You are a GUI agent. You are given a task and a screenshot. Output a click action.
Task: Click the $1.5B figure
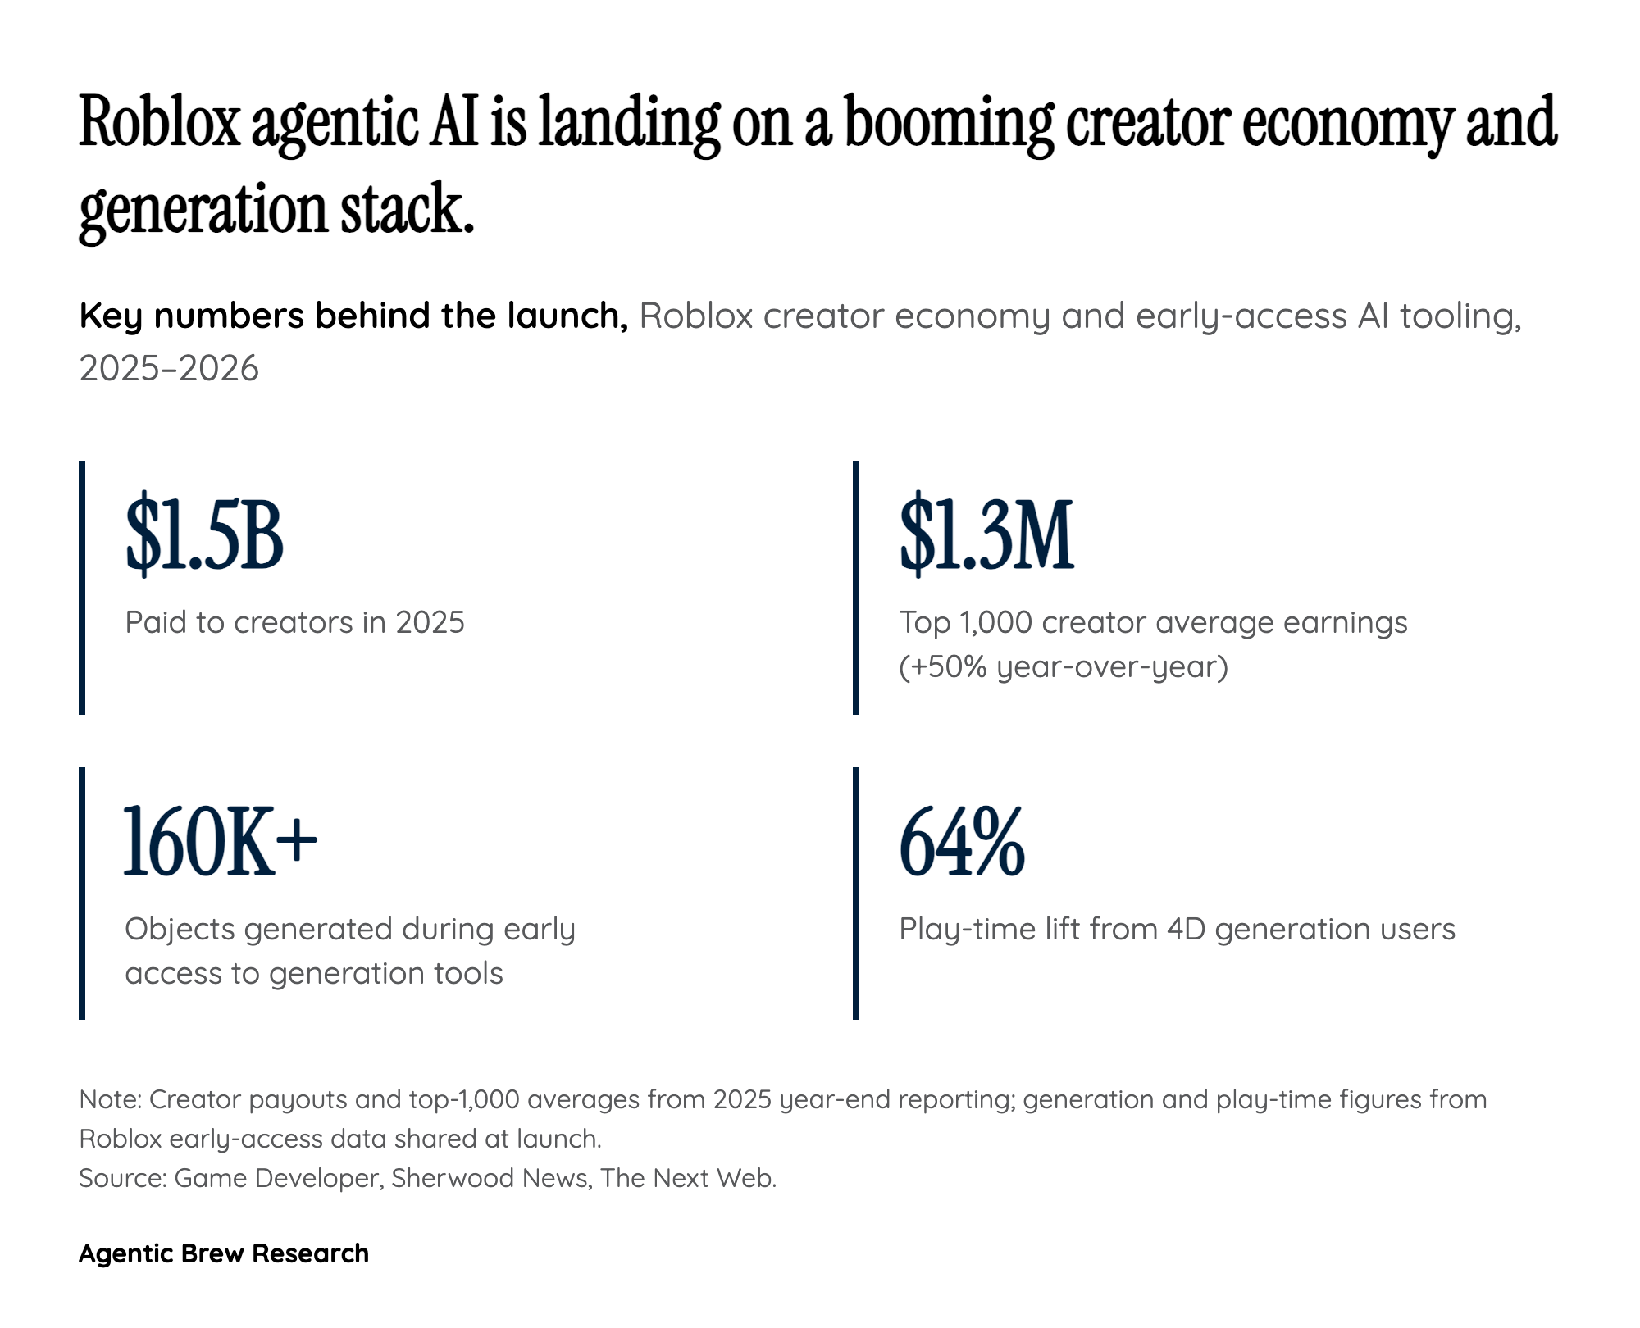point(204,535)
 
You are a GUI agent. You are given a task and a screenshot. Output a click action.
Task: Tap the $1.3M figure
point(986,535)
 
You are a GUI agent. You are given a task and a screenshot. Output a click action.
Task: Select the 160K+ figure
point(220,842)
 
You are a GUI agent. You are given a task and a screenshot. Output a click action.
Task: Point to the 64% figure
point(962,842)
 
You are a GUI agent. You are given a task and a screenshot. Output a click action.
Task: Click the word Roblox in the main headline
point(159,123)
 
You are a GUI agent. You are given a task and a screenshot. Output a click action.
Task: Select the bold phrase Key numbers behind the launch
point(353,316)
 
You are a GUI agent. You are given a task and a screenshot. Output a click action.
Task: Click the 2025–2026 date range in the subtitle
point(169,368)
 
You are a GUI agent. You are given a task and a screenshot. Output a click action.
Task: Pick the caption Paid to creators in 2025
point(294,622)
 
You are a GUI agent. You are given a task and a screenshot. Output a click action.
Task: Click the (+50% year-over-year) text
point(1064,666)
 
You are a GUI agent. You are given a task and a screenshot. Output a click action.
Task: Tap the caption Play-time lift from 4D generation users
point(1177,929)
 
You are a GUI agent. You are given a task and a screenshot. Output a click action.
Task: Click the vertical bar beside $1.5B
point(82,587)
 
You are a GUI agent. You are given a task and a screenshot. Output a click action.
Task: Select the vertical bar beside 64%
point(856,894)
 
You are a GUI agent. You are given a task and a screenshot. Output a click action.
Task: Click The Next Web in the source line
point(687,1178)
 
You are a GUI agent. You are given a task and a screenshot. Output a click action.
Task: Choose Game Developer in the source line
point(277,1178)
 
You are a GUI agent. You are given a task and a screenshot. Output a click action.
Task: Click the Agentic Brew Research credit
point(224,1253)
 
